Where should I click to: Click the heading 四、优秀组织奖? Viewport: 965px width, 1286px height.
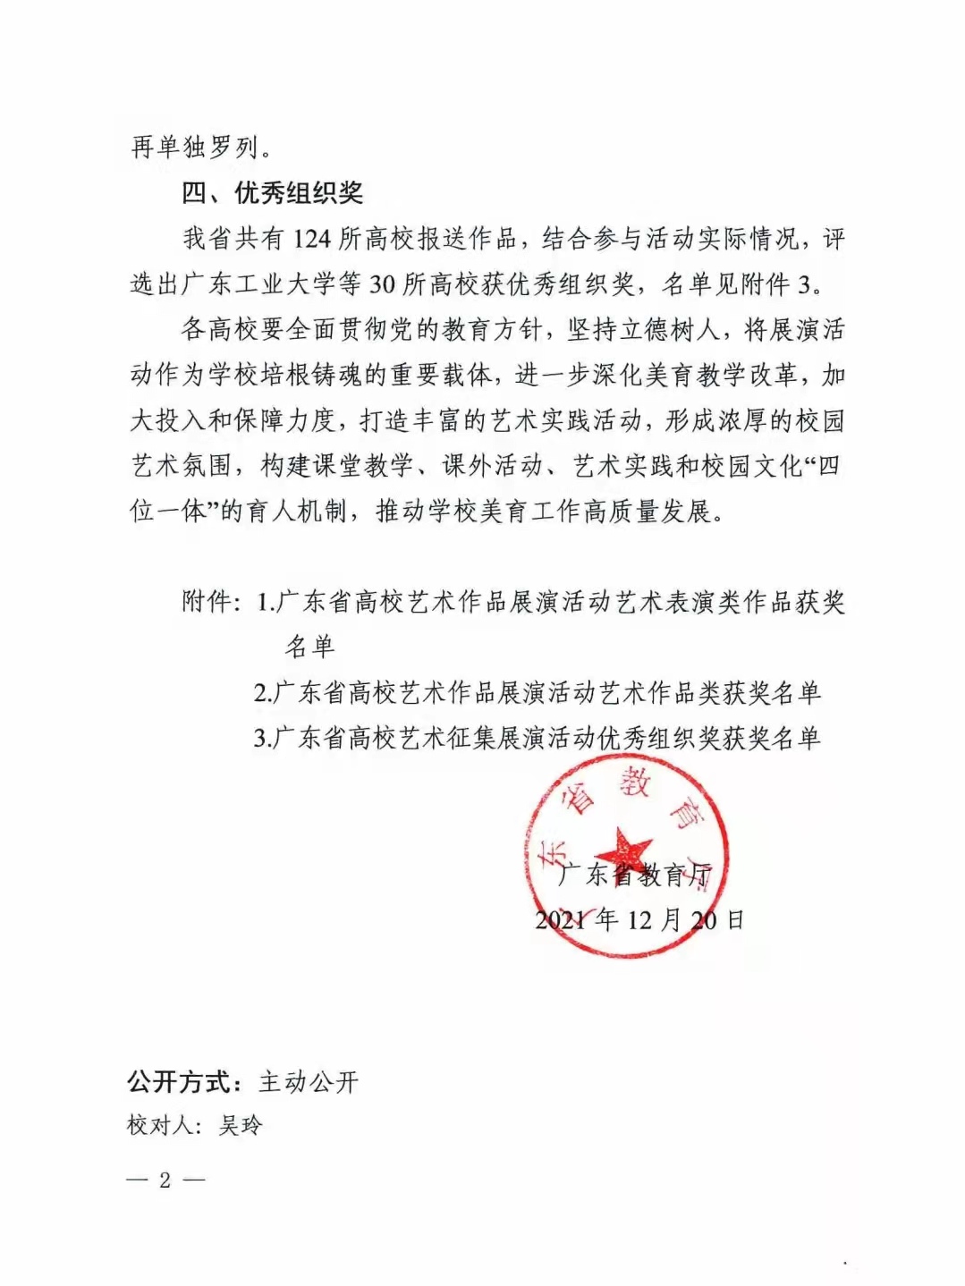(x=272, y=193)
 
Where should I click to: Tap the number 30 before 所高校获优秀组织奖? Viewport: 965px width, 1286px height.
(x=382, y=284)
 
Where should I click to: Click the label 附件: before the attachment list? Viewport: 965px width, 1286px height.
(x=211, y=602)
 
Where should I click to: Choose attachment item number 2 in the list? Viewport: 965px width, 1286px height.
(x=537, y=692)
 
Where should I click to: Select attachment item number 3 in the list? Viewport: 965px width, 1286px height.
(x=537, y=738)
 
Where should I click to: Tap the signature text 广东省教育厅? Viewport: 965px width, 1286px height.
(x=634, y=875)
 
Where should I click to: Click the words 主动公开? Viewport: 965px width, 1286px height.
(x=309, y=1082)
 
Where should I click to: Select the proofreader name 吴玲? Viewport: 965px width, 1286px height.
(x=241, y=1125)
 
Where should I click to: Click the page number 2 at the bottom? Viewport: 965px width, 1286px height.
(x=165, y=1180)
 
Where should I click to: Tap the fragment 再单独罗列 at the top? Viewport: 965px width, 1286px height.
(x=195, y=148)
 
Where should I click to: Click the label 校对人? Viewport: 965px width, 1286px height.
(x=160, y=1125)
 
